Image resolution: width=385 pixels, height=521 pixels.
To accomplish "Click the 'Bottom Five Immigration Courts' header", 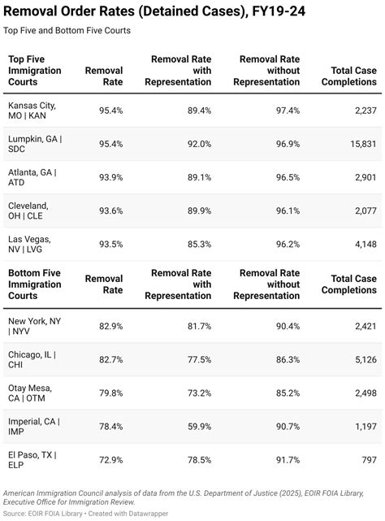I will coord(34,284).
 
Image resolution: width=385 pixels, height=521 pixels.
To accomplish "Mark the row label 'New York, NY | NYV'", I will coord(34,326).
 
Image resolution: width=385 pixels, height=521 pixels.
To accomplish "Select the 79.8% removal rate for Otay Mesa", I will coord(110,393).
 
